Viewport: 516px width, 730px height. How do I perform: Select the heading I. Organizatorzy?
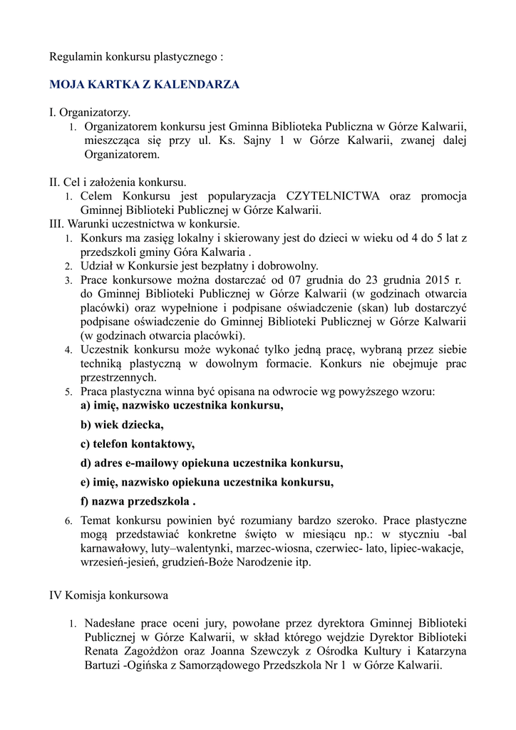coord(90,113)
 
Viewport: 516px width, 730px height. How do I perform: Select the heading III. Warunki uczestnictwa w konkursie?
coord(144,224)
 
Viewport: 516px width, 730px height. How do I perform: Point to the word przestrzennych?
coord(118,378)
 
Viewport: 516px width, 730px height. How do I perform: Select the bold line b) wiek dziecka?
coord(122,426)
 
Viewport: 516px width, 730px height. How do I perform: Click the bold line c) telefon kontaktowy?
coord(138,444)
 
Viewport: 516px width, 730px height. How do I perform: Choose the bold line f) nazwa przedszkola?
coord(138,500)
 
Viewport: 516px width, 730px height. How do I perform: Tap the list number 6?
coord(68,521)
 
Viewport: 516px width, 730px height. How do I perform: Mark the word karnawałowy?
coord(114,548)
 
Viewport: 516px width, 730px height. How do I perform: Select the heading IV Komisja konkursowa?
coord(108,595)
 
